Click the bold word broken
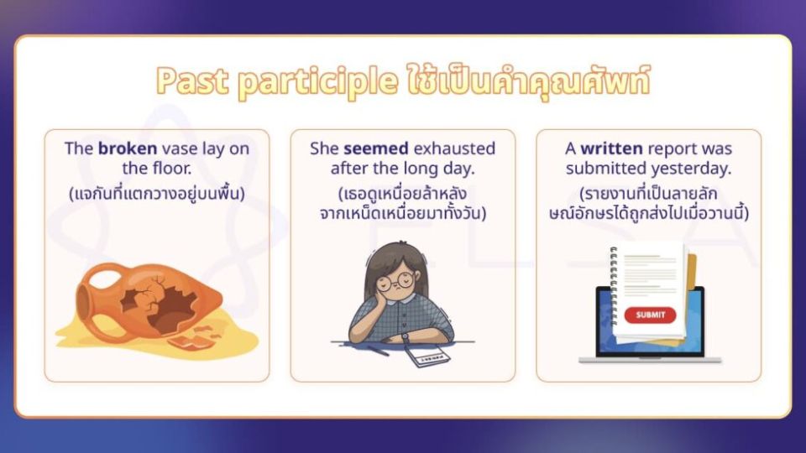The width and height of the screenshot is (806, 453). (x=128, y=148)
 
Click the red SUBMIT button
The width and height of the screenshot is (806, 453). (x=650, y=315)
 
